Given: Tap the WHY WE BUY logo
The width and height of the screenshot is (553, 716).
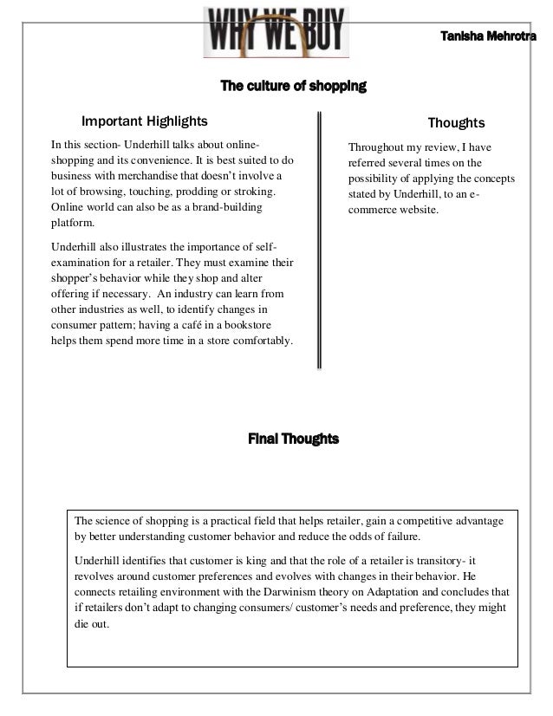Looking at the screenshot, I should (274, 32).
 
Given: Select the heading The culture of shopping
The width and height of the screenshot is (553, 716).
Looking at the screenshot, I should (294, 87).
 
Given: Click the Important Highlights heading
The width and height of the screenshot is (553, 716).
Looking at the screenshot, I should (144, 122).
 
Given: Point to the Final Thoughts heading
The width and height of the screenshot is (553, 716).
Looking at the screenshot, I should (294, 439).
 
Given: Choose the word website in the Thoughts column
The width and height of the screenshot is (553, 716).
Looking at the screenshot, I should (418, 212).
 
